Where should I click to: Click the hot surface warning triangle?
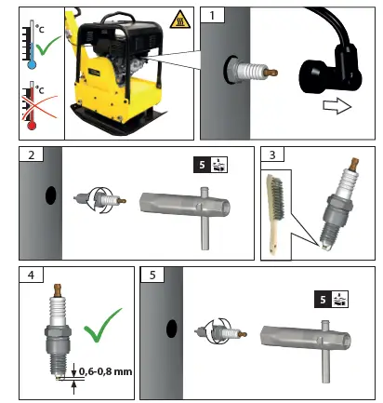coord(180,20)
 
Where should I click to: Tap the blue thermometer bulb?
coord(32,65)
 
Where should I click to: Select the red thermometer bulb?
coord(32,126)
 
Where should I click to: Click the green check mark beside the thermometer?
coord(47,46)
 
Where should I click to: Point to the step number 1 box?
coord(212,15)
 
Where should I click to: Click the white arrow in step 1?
coord(337,106)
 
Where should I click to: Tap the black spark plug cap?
coord(329,70)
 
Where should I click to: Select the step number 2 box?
coord(32,154)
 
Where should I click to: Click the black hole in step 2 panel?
coord(51,195)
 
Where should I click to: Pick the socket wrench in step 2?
coord(186,214)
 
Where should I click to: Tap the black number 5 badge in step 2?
coord(202,165)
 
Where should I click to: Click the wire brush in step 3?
coord(275,214)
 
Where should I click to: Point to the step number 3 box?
coord(272,154)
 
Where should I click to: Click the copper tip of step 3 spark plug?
coord(354,165)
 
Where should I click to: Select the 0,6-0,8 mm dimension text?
coord(106,371)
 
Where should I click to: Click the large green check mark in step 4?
coord(103,325)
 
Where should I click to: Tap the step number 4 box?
coord(32,275)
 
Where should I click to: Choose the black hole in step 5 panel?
coord(171,329)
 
